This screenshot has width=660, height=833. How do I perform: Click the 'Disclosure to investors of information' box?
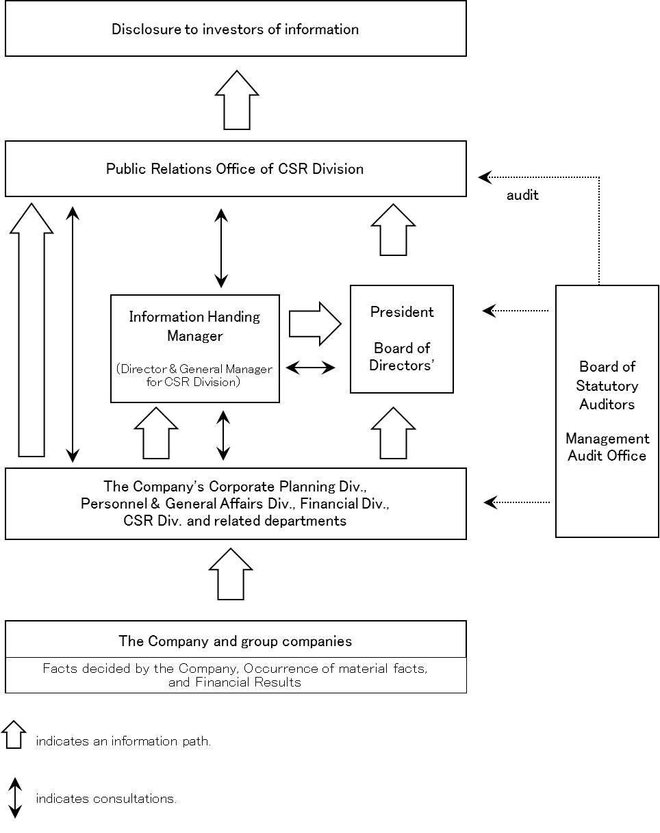(236, 29)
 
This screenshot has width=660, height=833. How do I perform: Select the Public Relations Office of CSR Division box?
(236, 169)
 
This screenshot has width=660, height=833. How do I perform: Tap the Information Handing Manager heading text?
(195, 326)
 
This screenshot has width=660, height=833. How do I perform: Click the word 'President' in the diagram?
(402, 312)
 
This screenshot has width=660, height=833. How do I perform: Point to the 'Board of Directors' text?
(402, 357)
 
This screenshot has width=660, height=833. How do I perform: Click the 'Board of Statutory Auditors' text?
(607, 385)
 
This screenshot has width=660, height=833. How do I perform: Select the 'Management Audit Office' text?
(607, 447)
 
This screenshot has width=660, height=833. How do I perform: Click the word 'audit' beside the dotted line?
(522, 195)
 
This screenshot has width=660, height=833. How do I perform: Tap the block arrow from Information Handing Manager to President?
(315, 324)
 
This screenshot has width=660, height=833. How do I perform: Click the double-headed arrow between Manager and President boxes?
(310, 368)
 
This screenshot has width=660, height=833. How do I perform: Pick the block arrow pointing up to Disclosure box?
(237, 100)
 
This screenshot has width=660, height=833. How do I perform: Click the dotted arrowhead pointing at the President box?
(490, 311)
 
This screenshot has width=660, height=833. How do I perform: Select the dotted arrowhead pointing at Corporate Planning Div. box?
(490, 502)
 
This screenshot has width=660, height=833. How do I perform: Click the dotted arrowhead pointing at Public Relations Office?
(485, 177)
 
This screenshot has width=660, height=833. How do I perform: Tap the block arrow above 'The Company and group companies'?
(231, 574)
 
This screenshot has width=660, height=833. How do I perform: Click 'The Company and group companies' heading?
(235, 641)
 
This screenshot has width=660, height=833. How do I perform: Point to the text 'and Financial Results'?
(235, 682)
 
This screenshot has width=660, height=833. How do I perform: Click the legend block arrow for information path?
(14, 734)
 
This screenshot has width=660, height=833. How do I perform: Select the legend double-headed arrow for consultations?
(15, 798)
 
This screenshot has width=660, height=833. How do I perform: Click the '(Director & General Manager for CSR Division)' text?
(194, 376)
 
